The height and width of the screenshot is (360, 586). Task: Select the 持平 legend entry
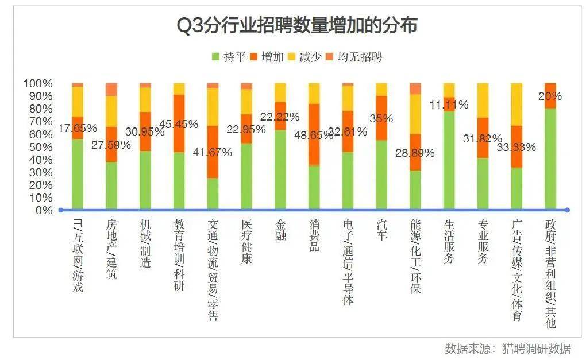229,57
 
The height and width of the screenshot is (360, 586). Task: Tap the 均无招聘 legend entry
354,57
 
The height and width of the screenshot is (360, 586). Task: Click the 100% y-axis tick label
37,84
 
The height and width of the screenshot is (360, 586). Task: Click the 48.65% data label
313,135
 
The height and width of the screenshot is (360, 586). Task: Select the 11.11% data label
449,105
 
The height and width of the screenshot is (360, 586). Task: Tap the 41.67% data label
213,153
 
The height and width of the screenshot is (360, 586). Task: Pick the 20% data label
550,96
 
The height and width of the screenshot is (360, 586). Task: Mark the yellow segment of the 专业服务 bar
483,100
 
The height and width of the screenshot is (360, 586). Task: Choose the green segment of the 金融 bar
280,169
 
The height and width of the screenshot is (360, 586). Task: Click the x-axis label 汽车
381,229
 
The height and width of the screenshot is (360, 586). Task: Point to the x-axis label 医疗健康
246,241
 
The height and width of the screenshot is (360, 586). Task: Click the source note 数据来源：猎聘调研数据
507,349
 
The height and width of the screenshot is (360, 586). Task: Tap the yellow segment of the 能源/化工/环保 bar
415,114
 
